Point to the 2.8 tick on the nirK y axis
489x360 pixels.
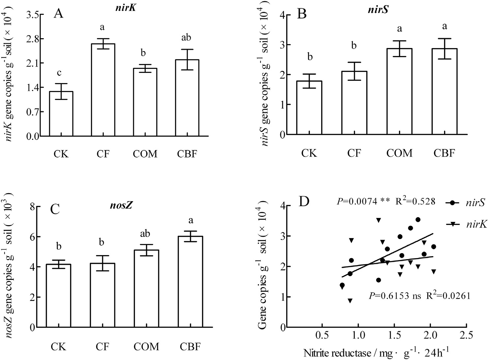click(33, 39)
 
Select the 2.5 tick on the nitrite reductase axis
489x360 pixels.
click(466, 336)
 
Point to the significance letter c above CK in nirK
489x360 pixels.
click(61, 73)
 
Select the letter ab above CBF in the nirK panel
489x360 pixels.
click(186, 38)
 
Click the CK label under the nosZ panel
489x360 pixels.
click(58, 346)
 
